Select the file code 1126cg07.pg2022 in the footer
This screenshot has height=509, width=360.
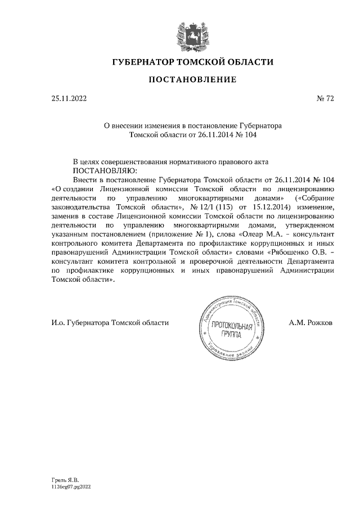click(x=70, y=488)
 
